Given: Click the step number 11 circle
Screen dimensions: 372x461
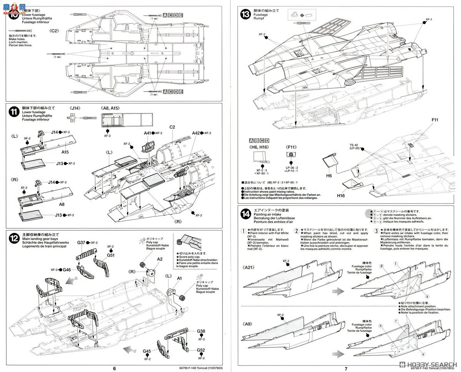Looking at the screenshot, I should (14, 112).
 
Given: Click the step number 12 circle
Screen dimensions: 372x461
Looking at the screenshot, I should (14, 238).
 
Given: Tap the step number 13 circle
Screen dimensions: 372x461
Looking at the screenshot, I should (245, 15).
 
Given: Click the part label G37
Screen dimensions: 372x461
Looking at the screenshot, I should (81, 243).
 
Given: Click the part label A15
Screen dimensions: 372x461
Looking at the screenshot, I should (65, 152).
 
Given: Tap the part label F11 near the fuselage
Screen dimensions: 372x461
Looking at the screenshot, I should (434, 120).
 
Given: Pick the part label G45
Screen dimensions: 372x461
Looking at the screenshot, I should (147, 351).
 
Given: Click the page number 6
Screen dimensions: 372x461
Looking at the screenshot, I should (114, 368).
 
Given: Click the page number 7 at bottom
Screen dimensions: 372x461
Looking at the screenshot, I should (346, 368).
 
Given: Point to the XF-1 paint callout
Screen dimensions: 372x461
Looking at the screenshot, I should (429, 20).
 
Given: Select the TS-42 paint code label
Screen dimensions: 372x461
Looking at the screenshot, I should (354, 145).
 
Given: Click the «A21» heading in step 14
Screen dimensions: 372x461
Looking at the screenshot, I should (249, 266).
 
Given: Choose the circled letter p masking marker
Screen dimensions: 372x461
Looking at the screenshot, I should (381, 265).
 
